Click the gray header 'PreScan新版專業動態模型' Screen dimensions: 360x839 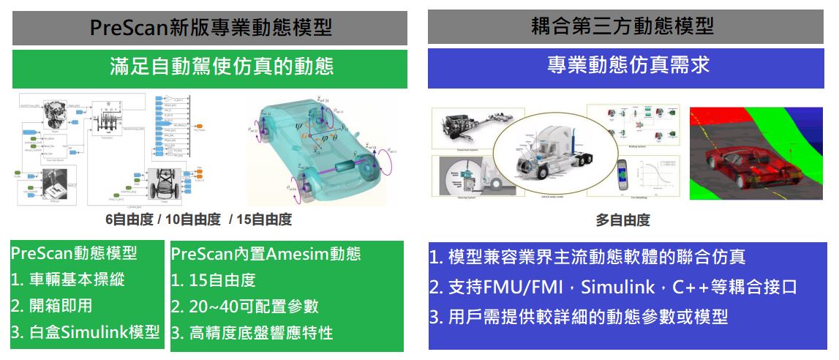[210, 28]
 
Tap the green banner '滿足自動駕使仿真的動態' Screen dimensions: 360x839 [210, 68]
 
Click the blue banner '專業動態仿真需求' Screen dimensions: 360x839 [628, 67]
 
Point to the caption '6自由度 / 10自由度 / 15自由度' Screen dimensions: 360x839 [198, 220]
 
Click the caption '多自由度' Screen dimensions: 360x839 [622, 220]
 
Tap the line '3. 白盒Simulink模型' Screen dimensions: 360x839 [85, 332]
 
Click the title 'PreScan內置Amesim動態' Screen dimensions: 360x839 [266, 254]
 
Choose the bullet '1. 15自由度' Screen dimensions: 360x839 [214, 280]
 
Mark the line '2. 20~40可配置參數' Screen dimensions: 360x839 [245, 307]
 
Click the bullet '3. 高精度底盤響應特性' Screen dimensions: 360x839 [252, 333]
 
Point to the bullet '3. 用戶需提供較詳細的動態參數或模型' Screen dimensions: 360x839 [578, 317]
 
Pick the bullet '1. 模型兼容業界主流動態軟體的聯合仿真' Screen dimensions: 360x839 [587, 257]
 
